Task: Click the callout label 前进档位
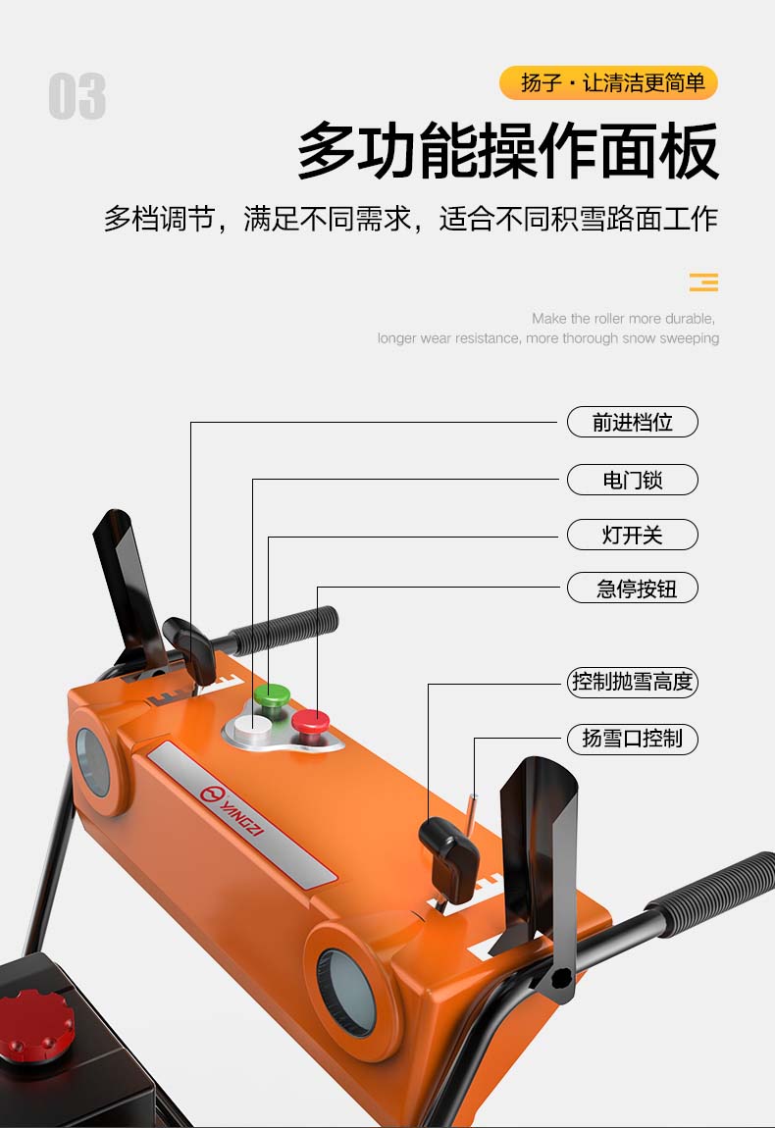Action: coord(633,422)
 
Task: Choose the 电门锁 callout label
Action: coord(633,479)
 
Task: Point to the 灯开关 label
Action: coord(633,535)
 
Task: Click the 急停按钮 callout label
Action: coord(633,588)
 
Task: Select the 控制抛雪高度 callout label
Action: coord(633,682)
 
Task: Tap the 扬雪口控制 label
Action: coord(633,739)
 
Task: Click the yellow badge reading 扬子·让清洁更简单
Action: coord(609,82)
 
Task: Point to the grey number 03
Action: coord(77,96)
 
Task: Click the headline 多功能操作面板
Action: coord(508,150)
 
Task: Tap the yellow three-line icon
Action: coord(703,282)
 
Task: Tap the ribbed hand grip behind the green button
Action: coord(285,630)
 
